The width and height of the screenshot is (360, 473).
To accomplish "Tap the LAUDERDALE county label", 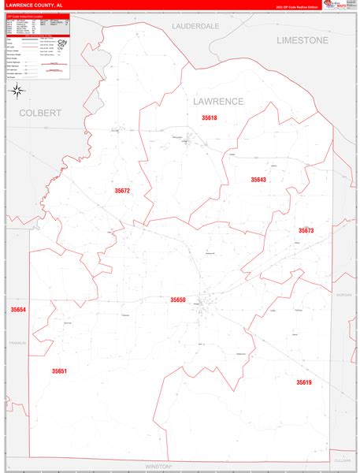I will pyautogui.click(x=195, y=26).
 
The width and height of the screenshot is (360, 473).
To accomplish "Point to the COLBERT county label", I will pyautogui.click(x=39, y=113).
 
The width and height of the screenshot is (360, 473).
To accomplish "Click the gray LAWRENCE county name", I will pyautogui.click(x=218, y=102).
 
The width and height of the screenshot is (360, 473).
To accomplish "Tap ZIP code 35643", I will pyautogui.click(x=258, y=180).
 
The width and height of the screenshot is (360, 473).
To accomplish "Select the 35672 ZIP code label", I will pyautogui.click(x=121, y=191).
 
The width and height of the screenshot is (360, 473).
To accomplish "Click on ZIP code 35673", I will pyautogui.click(x=306, y=230).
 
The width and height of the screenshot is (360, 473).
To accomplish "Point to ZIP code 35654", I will pyautogui.click(x=18, y=310).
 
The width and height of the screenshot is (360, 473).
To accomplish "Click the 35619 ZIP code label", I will pyautogui.click(x=304, y=382).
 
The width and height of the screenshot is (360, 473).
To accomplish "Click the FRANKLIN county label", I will pyautogui.click(x=17, y=343).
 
